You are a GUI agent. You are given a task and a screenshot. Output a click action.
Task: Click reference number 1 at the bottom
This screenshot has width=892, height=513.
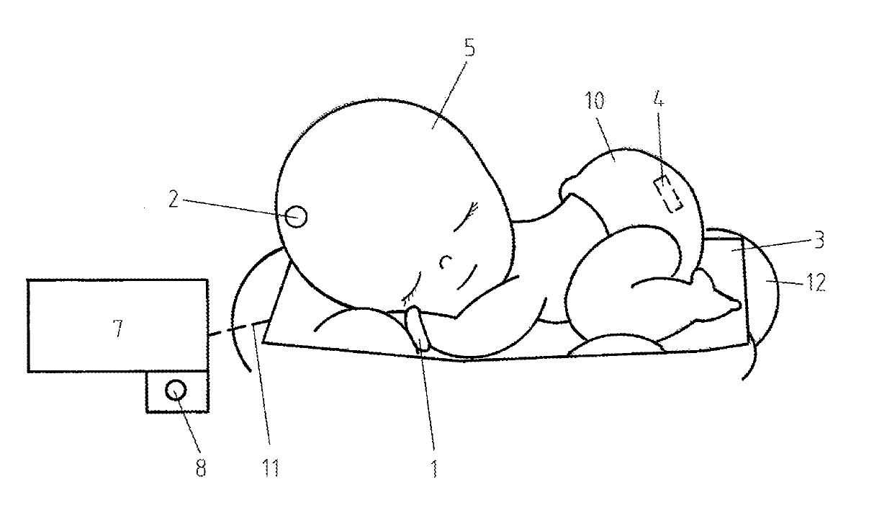433,468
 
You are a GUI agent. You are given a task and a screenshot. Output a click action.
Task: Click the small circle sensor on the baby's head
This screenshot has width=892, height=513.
296,216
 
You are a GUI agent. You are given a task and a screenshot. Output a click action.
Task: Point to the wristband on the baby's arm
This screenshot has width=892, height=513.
418,329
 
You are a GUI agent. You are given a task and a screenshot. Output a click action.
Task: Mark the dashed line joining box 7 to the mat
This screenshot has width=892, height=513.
234,331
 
